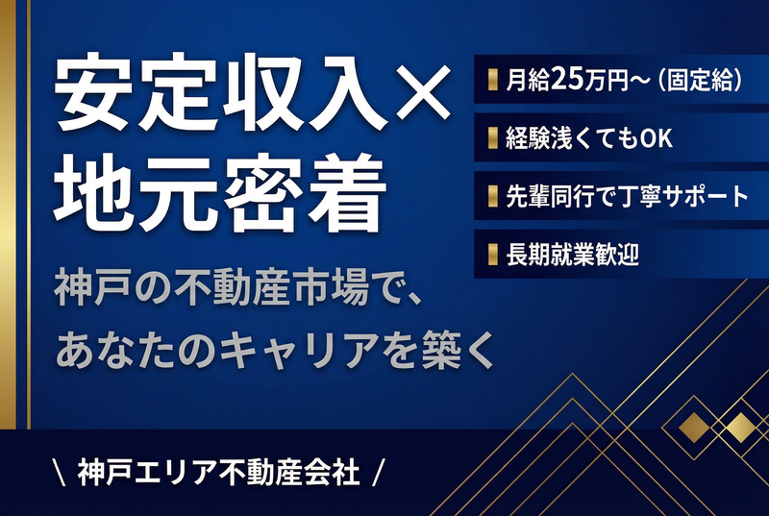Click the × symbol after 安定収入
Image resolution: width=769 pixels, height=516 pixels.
[x=423, y=93]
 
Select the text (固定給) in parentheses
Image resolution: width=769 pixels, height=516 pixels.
[x=700, y=80]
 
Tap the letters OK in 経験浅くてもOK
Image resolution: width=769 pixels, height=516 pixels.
[x=657, y=138]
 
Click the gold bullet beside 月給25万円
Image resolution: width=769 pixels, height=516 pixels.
[x=493, y=80]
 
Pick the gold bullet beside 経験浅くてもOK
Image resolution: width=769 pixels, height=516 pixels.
[x=493, y=138]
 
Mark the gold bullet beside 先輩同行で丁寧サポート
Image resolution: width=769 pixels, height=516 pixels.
[x=493, y=196]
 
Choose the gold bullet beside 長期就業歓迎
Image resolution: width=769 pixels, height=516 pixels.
[x=493, y=255]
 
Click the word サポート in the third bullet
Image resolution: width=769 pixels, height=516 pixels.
[x=705, y=196]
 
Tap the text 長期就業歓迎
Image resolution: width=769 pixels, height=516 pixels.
[x=572, y=255]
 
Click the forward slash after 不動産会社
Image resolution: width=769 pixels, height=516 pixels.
[x=378, y=472]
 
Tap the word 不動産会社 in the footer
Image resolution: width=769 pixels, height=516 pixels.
[x=289, y=472]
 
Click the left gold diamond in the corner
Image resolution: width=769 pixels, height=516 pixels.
[x=693, y=427]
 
